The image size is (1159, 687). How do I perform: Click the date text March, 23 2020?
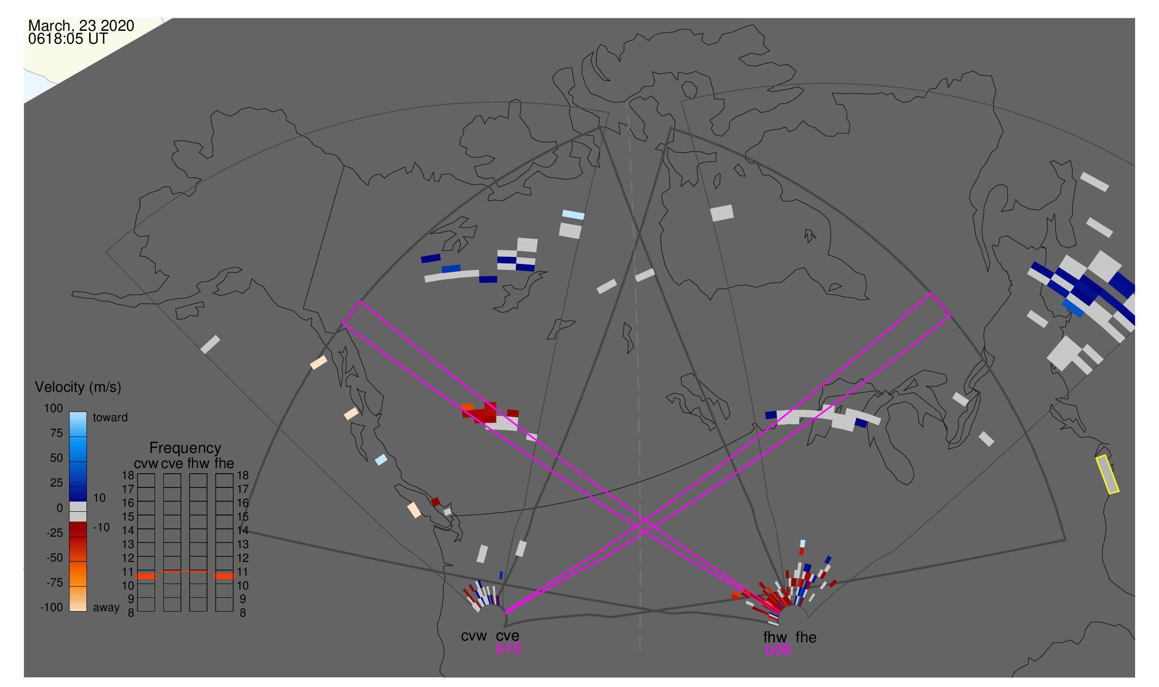(81, 26)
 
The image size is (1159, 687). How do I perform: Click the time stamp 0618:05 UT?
(68, 39)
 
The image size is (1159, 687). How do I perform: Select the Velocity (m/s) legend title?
(78, 387)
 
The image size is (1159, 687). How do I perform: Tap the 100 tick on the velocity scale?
(53, 408)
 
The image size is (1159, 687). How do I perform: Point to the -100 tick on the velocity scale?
(52, 607)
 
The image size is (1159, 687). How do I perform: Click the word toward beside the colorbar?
(110, 418)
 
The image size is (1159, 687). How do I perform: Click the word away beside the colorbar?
(106, 607)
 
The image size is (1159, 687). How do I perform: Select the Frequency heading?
(185, 448)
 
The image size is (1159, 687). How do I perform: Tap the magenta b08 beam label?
(778, 650)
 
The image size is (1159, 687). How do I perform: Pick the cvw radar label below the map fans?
(473, 636)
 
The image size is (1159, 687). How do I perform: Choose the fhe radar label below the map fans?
(806, 637)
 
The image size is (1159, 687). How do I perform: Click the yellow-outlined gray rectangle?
(1107, 475)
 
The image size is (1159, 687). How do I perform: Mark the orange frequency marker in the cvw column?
(146, 576)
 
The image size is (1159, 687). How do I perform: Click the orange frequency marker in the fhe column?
(224, 576)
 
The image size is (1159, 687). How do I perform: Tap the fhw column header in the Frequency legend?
(198, 464)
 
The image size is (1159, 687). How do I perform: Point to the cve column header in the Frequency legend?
(172, 464)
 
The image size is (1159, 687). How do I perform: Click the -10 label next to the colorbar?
(101, 527)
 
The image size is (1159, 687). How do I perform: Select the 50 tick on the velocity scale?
(56, 458)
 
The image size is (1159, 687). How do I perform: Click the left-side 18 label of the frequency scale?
(128, 475)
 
